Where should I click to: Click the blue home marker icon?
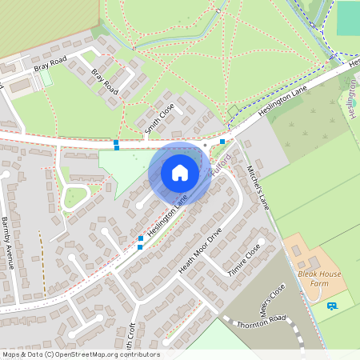tap(180, 172)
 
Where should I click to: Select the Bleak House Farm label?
tap(320, 279)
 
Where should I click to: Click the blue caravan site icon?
tap(332, 305)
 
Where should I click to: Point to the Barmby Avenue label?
tap(6, 242)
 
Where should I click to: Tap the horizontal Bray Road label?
tap(50, 63)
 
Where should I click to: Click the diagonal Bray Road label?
tap(104, 82)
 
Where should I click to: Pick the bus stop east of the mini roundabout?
tap(222, 142)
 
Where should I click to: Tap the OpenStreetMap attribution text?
tap(81, 354)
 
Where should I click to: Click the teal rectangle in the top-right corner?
tap(348, 18)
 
